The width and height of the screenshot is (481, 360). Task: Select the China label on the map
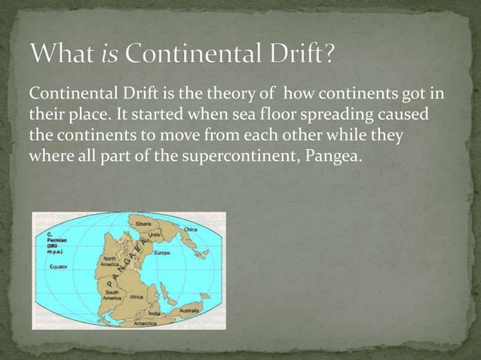coord(189,229)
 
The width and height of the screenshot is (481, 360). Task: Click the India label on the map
coord(155,313)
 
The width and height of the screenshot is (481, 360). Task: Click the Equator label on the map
coord(59,267)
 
